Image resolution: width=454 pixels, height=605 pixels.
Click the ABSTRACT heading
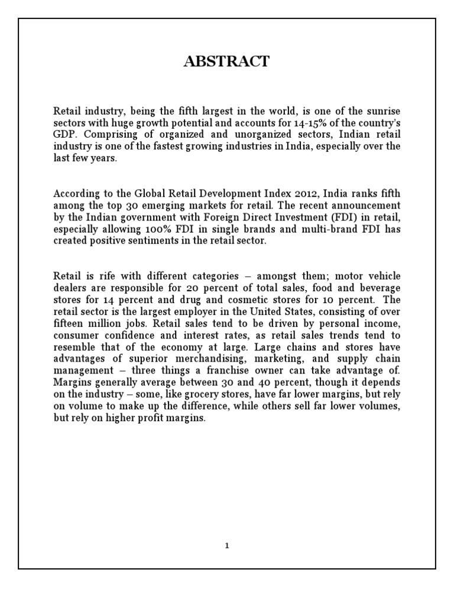[x=227, y=61]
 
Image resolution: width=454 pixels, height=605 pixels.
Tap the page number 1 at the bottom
[x=227, y=545]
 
